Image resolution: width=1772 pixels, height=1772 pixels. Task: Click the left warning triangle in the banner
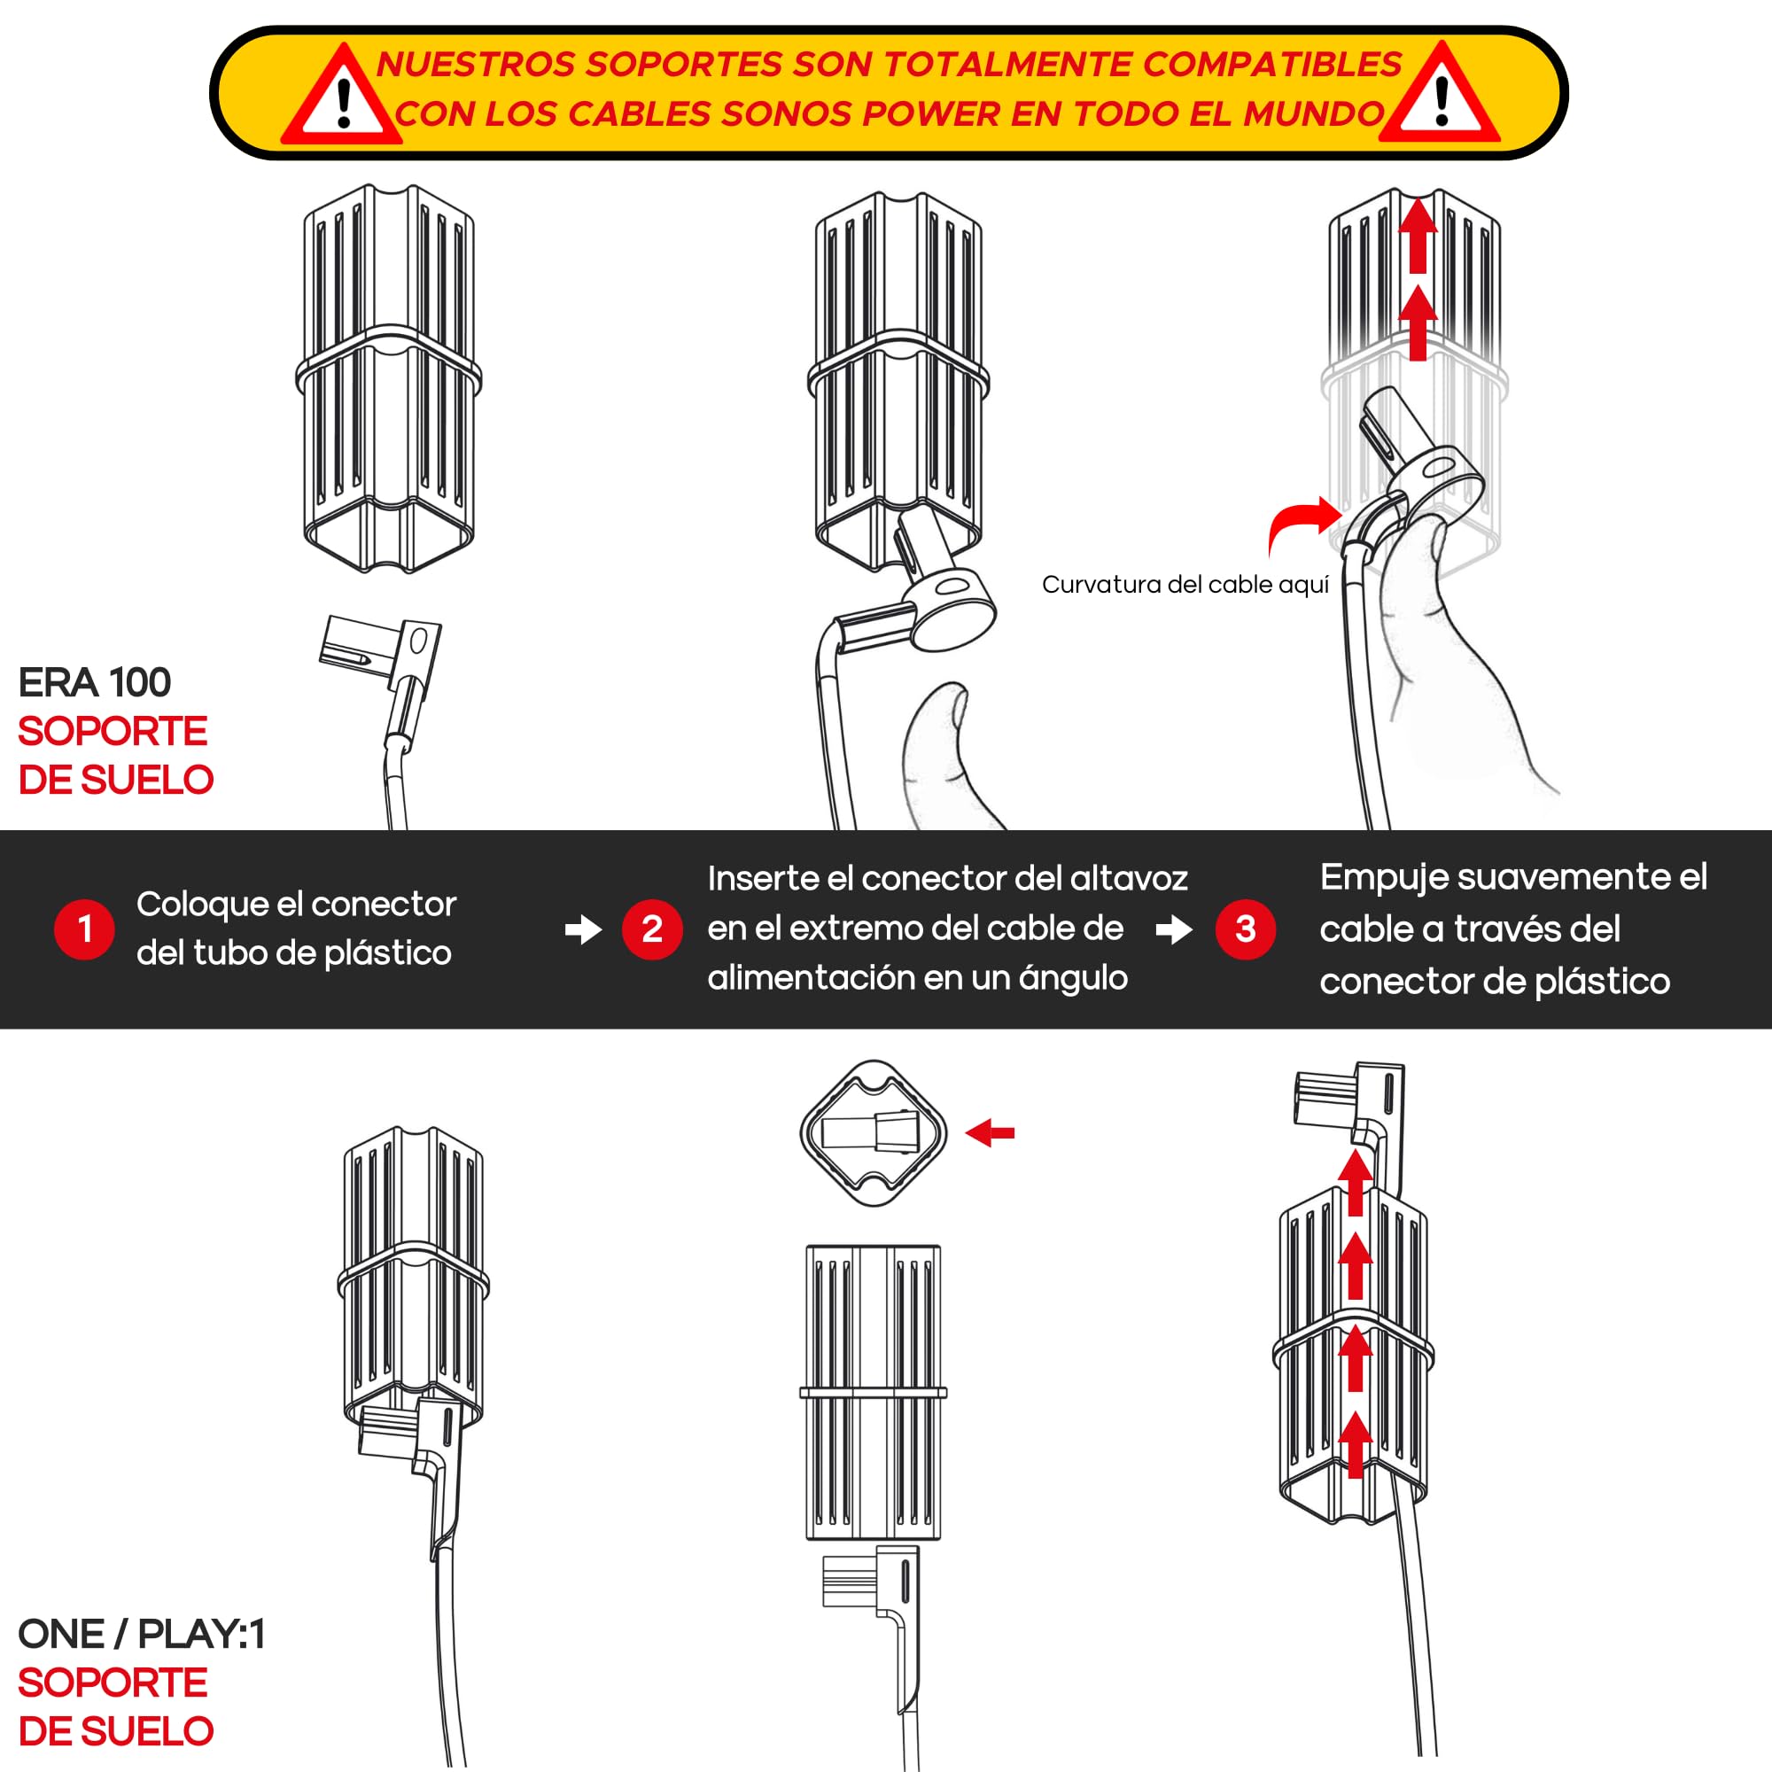click(x=342, y=99)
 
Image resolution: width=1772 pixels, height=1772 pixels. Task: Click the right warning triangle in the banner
click(x=1441, y=97)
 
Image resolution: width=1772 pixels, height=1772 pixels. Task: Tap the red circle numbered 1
click(x=84, y=929)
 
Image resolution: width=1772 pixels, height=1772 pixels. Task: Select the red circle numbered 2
click(x=652, y=929)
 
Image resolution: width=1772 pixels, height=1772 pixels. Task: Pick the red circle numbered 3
click(x=1246, y=929)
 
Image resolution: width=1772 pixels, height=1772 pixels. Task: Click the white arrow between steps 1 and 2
click(x=583, y=930)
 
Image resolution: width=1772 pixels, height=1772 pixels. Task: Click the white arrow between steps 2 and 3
click(x=1174, y=930)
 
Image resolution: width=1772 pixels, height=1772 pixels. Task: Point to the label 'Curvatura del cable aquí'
click(x=1185, y=584)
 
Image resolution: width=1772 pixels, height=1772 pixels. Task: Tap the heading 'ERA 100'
click(x=95, y=682)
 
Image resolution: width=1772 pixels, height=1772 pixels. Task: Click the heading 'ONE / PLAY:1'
click(x=141, y=1634)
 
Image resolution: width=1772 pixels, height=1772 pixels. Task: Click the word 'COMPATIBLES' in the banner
click(x=1273, y=64)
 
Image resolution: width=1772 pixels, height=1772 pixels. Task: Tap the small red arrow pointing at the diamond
click(x=991, y=1132)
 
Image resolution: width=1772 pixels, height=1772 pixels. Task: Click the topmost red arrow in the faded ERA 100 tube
click(x=1418, y=235)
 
